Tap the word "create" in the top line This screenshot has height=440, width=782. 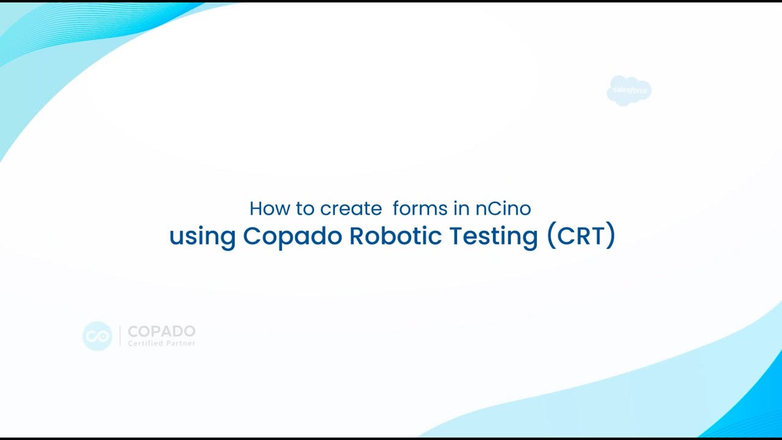[x=351, y=208]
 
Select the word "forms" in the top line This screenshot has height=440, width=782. [x=420, y=208]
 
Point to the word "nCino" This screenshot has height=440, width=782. [x=503, y=208]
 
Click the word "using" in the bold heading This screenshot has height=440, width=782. [x=202, y=237]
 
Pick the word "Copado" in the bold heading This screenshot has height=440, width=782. [x=292, y=237]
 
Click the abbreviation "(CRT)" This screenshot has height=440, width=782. [x=580, y=236]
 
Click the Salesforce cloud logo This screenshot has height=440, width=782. [x=629, y=90]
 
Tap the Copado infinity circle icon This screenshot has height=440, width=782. [x=97, y=336]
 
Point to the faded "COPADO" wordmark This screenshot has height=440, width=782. [x=161, y=332]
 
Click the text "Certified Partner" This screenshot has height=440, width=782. [x=161, y=343]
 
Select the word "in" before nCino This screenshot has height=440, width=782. [x=461, y=208]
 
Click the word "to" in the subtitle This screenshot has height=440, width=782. [x=305, y=208]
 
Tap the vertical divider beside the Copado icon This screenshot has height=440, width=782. [x=120, y=336]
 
